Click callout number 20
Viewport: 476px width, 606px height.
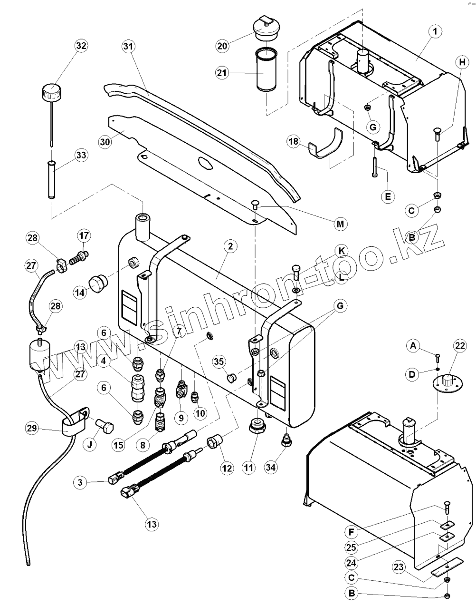(222, 46)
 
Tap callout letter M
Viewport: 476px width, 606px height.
(340, 224)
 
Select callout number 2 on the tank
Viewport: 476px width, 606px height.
(230, 246)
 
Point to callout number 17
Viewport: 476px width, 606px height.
(84, 235)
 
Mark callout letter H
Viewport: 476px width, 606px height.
(460, 61)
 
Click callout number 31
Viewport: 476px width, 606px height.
(127, 46)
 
